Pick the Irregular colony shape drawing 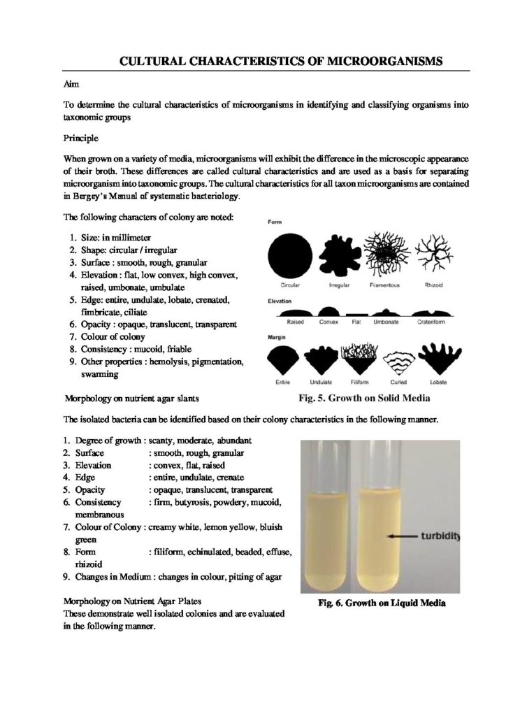pos(338,254)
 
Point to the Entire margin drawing pos(289,363)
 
